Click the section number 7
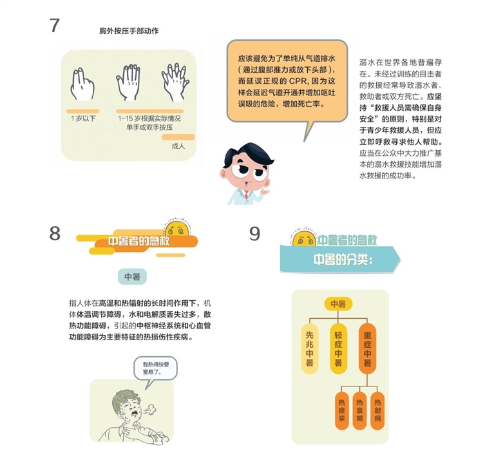pyautogui.click(x=55, y=25)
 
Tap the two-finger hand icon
pyautogui.click(x=82, y=84)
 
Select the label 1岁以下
pyautogui.click(x=83, y=119)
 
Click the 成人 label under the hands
pyautogui.click(x=178, y=146)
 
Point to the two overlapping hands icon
pyautogui.click(x=175, y=82)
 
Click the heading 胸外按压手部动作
pyautogui.click(x=129, y=31)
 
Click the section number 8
pyautogui.click(x=55, y=233)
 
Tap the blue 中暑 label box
pyautogui.click(x=132, y=277)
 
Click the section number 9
pyautogui.click(x=254, y=233)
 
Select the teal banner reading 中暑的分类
pyautogui.click(x=340, y=259)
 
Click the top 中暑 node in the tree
pyautogui.click(x=338, y=304)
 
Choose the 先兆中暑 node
pyautogui.click(x=309, y=348)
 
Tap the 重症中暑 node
pyautogui.click(x=367, y=348)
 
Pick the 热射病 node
pyautogui.click(x=377, y=410)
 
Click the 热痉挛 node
pyautogui.click(x=342, y=410)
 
